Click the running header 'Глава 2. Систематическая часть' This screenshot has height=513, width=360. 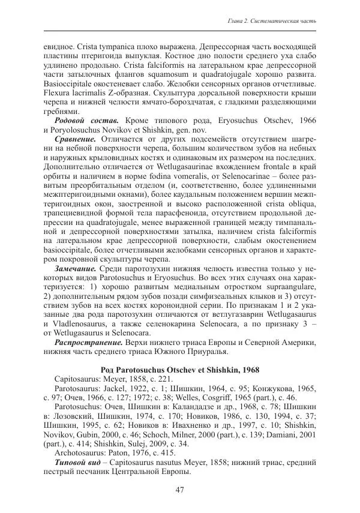pyautogui.click(x=273, y=22)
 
